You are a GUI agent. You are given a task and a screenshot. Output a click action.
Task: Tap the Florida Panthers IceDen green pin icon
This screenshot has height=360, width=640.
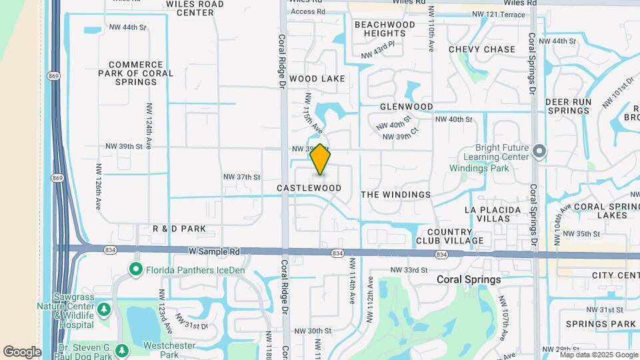pos(136,270)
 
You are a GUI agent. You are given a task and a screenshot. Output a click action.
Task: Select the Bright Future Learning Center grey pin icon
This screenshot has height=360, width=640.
pos(539,152)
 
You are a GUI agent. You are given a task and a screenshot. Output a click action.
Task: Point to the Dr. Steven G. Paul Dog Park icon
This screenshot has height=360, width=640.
pos(121,350)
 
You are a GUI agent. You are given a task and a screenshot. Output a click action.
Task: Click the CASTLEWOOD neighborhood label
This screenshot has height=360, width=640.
pos(309,189)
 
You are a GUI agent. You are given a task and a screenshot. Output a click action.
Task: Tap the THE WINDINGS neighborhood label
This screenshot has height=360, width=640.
pos(395,195)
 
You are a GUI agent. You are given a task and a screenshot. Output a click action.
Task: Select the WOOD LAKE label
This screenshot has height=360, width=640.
pos(317,79)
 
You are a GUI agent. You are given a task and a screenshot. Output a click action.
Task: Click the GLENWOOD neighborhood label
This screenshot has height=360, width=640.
pos(407,107)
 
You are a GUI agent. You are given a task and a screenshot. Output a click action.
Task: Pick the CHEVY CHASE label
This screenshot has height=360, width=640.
pos(482,49)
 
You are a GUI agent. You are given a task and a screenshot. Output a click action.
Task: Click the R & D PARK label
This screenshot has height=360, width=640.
pos(179,229)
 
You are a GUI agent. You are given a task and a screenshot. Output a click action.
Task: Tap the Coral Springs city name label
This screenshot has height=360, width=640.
pos(469,280)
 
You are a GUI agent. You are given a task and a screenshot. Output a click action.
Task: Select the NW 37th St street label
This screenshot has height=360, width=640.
pos(241,177)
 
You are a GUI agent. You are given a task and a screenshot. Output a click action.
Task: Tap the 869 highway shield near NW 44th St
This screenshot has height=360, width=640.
pos(53,76)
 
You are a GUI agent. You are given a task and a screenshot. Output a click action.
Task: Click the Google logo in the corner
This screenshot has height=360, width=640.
pos(22,351)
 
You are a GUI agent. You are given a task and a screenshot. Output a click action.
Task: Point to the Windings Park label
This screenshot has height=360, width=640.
pos(479,169)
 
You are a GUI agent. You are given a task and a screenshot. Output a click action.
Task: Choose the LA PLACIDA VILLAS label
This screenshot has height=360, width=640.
pos(493,215)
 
